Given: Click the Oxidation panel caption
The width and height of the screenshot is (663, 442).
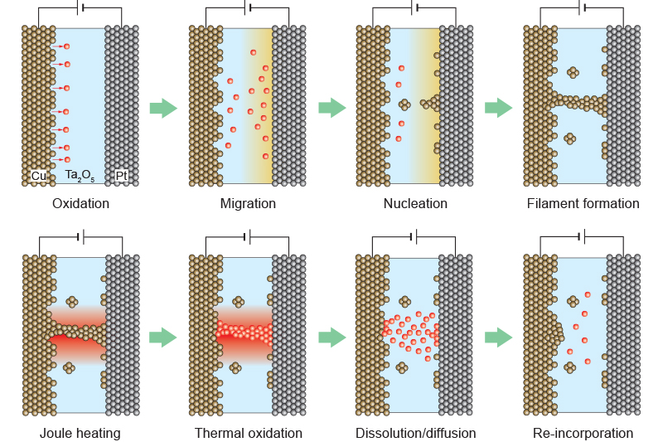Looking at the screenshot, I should [80, 203].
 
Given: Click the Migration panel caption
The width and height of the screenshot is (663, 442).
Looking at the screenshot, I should [248, 203].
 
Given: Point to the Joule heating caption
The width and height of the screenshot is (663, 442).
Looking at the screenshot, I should [80, 433].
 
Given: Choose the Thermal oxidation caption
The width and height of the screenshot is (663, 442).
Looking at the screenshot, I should [248, 433].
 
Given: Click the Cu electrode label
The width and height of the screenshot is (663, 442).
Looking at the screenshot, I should [38, 175].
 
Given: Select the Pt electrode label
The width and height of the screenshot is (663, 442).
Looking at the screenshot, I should [122, 175].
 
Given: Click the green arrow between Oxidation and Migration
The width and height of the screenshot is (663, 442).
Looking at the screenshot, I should [163, 108].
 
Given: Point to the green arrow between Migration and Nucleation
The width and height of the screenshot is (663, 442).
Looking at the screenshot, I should [331, 108].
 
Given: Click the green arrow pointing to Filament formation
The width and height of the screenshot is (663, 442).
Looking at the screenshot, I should [498, 108].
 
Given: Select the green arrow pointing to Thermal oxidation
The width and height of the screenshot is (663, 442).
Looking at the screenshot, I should [163, 337].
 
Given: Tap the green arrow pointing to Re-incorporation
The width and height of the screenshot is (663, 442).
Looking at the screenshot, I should [498, 337].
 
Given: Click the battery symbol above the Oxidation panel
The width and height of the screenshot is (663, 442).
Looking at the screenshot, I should [80, 8].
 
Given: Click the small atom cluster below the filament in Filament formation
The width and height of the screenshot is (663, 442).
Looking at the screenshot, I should [569, 138].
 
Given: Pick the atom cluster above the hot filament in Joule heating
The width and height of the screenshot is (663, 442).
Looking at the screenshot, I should [72, 302].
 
